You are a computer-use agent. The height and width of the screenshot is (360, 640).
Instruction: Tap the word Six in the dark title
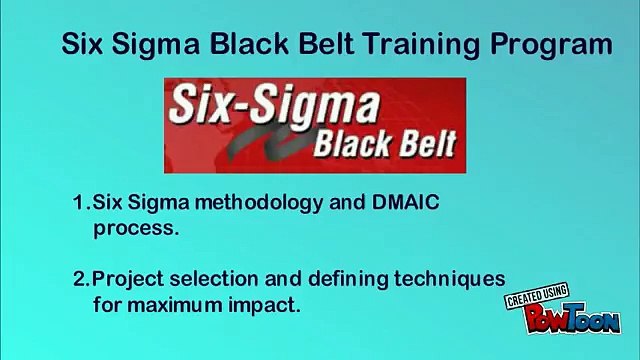point(82,44)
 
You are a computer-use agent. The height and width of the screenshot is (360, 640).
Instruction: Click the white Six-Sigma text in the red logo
point(274,105)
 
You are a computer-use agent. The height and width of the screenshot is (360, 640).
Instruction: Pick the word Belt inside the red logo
point(428,143)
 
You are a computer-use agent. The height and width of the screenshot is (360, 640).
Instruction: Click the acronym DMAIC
point(405,202)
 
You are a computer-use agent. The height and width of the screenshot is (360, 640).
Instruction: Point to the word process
point(136,229)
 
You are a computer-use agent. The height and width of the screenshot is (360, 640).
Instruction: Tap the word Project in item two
point(128,280)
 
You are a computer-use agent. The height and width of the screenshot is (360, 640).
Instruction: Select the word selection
point(214,279)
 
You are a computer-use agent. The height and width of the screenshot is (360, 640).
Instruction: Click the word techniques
point(450,280)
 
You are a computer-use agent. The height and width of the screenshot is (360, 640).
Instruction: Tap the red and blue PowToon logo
point(572,318)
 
